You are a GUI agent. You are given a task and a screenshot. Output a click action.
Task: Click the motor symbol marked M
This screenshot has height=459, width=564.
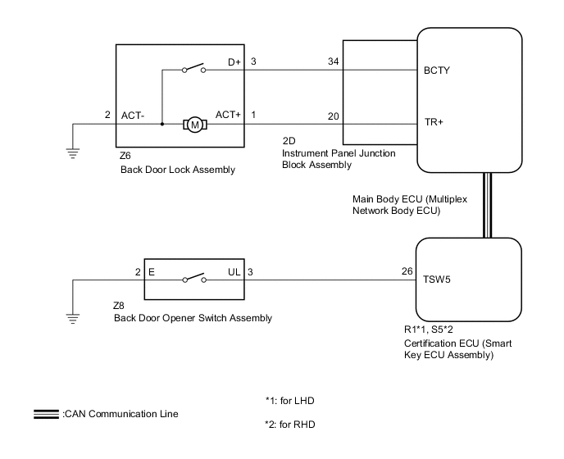(x=195, y=125)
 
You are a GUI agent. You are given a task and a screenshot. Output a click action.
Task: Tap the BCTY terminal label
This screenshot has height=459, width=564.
(x=437, y=70)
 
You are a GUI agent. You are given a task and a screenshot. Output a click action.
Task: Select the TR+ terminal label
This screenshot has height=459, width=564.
(x=434, y=122)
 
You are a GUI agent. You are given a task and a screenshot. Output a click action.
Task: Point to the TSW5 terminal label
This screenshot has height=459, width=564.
(x=437, y=279)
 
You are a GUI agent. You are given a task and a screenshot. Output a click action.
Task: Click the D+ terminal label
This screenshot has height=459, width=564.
(x=234, y=62)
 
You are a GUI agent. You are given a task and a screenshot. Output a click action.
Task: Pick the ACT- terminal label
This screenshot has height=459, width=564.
(x=133, y=116)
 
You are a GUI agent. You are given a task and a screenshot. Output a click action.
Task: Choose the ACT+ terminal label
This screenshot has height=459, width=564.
(x=228, y=115)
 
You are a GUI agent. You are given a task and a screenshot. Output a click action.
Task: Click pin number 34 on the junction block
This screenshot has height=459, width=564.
(x=333, y=61)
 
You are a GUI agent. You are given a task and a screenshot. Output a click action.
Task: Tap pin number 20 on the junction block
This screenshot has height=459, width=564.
(x=333, y=116)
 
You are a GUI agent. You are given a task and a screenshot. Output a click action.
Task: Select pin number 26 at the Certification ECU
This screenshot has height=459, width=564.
(x=407, y=271)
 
